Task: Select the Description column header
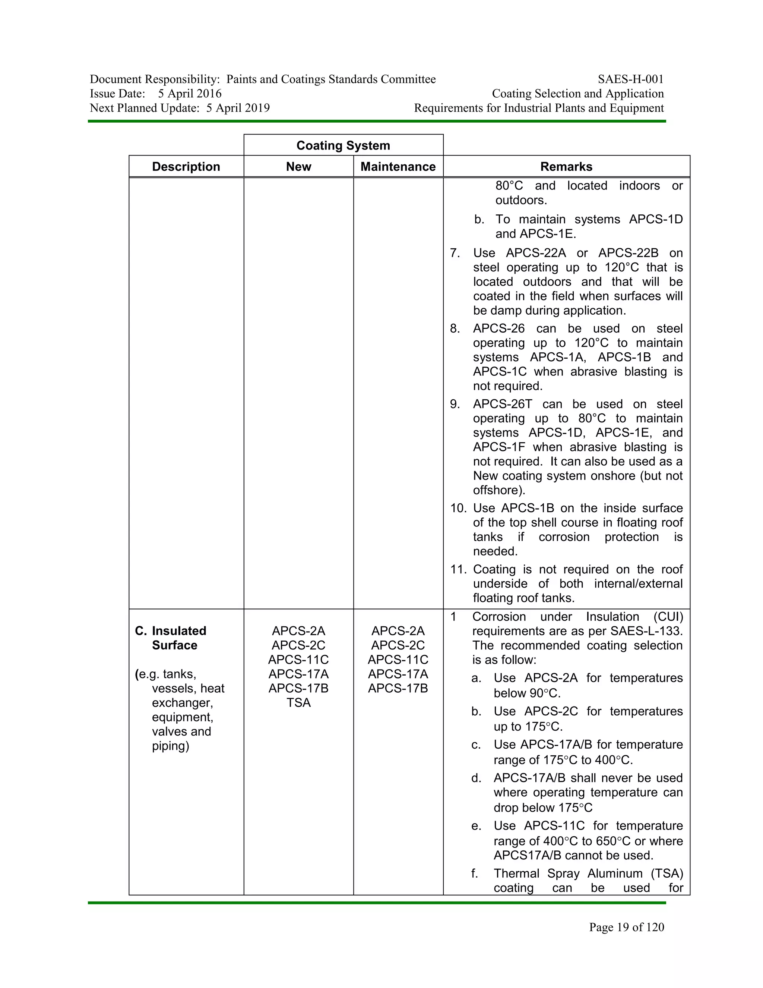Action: click(186, 167)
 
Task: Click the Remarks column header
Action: click(566, 167)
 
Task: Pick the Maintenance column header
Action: click(398, 167)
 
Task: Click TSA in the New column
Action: click(298, 702)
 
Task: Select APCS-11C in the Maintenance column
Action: click(398, 660)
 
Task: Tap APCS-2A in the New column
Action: click(298, 630)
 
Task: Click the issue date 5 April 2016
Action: click(190, 94)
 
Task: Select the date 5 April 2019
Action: click(238, 108)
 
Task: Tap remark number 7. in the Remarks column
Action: click(455, 253)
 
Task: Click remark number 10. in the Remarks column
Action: click(458, 508)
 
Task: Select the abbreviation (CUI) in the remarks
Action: click(668, 617)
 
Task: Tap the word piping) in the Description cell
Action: click(170, 746)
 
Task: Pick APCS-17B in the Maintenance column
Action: click(398, 688)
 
